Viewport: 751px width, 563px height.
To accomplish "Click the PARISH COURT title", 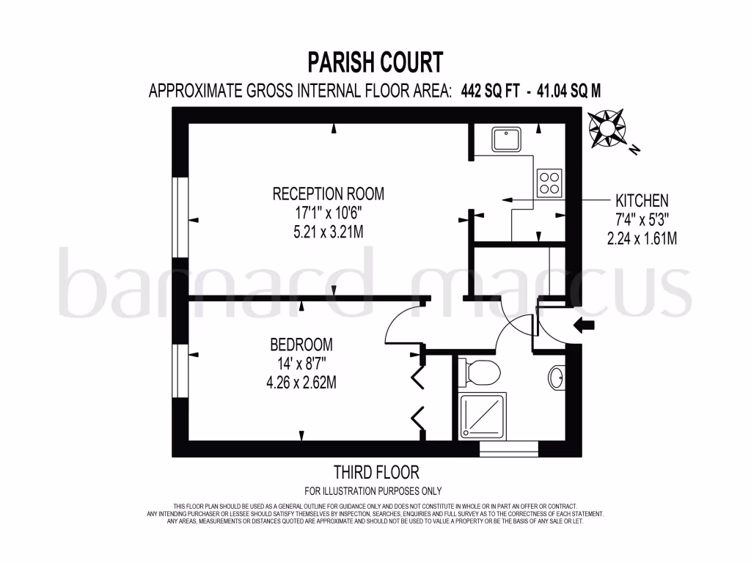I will pos(375,62).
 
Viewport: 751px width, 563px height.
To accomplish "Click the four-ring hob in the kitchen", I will pos(549,183).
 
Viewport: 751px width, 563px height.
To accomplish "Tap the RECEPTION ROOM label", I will pos(328,194).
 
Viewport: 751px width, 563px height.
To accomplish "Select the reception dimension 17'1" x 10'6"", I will pos(328,213).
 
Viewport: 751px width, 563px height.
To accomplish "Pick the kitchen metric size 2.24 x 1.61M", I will pos(642,238).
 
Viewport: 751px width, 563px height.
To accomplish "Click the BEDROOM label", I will pos(301,345).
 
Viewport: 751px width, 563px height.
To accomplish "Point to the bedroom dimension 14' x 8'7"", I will pos(301,363).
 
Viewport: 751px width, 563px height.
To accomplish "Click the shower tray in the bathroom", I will pos(482,416).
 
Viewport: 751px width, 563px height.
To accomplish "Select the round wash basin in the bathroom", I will pos(557,378).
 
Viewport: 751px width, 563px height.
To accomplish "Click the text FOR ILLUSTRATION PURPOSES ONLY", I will pos(373,491).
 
